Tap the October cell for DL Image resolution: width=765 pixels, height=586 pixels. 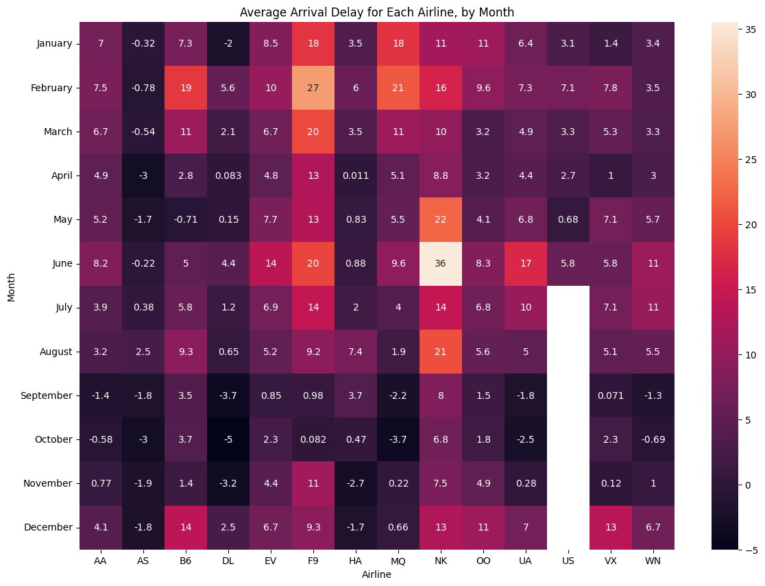tap(228, 439)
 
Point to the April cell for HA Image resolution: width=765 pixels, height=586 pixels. tap(356, 176)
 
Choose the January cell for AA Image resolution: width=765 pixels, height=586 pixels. tap(101, 44)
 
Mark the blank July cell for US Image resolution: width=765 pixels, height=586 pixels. tap(568, 308)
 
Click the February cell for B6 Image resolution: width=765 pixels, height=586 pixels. tap(186, 88)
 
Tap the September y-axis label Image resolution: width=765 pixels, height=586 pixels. tap(47, 395)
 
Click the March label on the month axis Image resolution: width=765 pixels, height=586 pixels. tap(58, 132)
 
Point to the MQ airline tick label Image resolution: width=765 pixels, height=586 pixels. tap(398, 561)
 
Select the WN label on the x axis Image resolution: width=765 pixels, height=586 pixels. tap(653, 561)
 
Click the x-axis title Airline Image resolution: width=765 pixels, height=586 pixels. tap(377, 575)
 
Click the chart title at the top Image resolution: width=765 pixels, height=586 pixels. tap(377, 12)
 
